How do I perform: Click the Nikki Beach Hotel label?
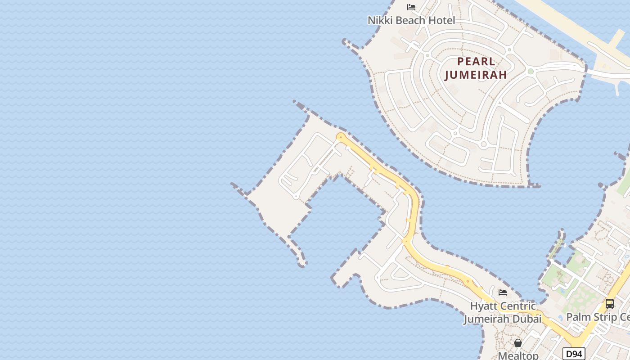tap(411, 20)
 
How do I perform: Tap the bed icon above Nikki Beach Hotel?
tap(411, 7)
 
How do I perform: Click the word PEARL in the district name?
tap(476, 62)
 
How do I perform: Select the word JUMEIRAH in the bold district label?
tap(476, 75)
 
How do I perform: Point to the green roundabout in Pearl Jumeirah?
tap(531, 71)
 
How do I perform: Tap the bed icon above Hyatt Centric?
tap(503, 292)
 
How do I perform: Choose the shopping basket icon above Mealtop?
tap(518, 343)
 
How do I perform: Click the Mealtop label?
tap(518, 355)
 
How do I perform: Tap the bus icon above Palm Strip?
tap(610, 304)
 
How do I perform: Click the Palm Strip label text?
tap(598, 317)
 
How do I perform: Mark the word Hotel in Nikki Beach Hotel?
tap(441, 20)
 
